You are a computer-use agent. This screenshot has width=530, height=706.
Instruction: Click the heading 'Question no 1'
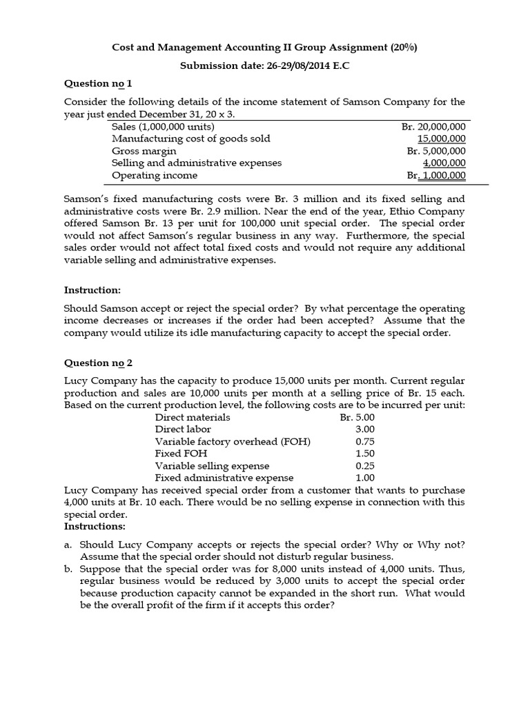[97, 83]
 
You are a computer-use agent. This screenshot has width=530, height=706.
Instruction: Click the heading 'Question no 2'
[97, 363]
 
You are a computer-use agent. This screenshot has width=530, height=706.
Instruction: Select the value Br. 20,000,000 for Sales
[433, 127]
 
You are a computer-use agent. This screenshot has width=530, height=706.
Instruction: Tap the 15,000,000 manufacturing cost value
[442, 139]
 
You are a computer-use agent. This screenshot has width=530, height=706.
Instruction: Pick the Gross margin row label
[144, 151]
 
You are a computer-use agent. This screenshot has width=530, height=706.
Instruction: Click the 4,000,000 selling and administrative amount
[444, 163]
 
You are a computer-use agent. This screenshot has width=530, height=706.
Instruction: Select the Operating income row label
[155, 176]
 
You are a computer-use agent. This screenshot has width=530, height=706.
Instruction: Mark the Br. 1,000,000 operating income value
[435, 176]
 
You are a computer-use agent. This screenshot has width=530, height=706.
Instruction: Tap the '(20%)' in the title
[403, 48]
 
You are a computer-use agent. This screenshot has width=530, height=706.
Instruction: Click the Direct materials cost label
[193, 417]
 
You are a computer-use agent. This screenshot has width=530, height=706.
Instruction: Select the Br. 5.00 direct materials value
[357, 417]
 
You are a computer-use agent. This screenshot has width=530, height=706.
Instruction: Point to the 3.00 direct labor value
[365, 430]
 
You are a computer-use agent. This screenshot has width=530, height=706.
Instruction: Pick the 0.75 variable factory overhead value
[365, 442]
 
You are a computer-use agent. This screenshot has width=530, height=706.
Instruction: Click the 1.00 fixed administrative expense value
[365, 478]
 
